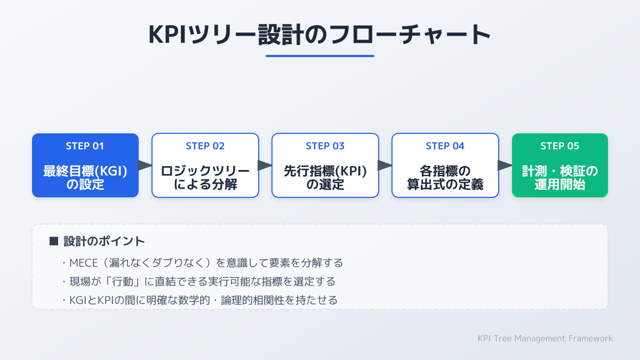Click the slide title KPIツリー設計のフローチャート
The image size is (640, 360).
tap(320, 35)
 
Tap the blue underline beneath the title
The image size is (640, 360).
tap(320, 55)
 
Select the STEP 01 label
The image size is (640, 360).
tap(85, 146)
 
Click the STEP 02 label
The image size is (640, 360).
tap(205, 146)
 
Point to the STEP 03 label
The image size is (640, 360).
tap(325, 146)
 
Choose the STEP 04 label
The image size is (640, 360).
tap(445, 146)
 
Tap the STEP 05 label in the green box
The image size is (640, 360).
tap(560, 146)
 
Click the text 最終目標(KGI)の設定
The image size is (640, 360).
tap(85, 178)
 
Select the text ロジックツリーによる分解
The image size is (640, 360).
tap(205, 178)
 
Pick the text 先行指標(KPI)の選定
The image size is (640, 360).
tap(325, 178)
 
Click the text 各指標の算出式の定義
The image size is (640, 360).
tap(445, 178)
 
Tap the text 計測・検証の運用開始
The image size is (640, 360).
tap(560, 178)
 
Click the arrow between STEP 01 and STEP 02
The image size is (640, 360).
tap(145, 165)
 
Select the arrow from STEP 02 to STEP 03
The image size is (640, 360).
tap(265, 165)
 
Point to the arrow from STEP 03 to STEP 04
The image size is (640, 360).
tap(385, 165)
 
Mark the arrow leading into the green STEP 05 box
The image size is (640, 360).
tap(505, 165)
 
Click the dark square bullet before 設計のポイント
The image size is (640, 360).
tap(53, 241)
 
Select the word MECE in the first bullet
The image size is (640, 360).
tap(83, 263)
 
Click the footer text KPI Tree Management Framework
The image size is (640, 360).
tap(546, 338)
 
